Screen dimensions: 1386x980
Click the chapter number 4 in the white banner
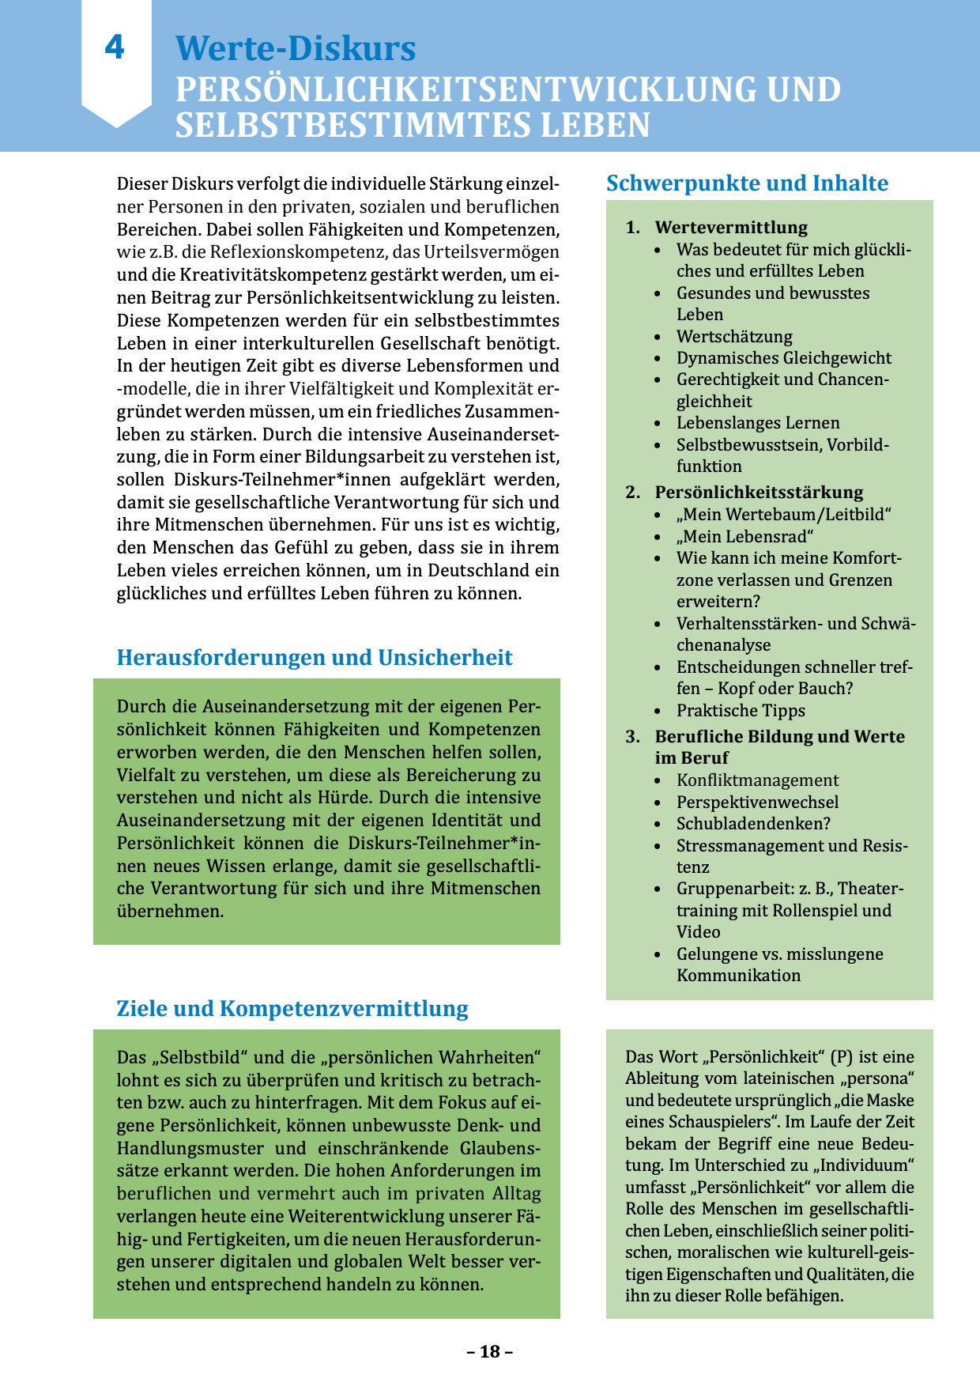115,48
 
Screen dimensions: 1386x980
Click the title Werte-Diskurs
295,48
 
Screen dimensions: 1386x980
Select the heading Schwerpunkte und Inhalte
747,183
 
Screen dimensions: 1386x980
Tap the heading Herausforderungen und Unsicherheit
315,658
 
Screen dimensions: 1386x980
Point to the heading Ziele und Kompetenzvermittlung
292,1009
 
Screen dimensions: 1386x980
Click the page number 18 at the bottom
490,1351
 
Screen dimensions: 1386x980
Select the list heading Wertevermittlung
731,228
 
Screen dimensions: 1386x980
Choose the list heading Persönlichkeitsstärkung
759,492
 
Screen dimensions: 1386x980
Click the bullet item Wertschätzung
734,336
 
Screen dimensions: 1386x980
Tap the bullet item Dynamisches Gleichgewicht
783,357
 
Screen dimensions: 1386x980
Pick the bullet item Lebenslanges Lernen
758,422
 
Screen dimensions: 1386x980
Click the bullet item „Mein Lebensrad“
744,536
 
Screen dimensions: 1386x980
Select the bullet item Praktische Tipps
741,710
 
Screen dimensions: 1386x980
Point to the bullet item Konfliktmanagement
757,780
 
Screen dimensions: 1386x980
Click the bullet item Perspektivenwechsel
757,802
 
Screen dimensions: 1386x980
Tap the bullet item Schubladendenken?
753,823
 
